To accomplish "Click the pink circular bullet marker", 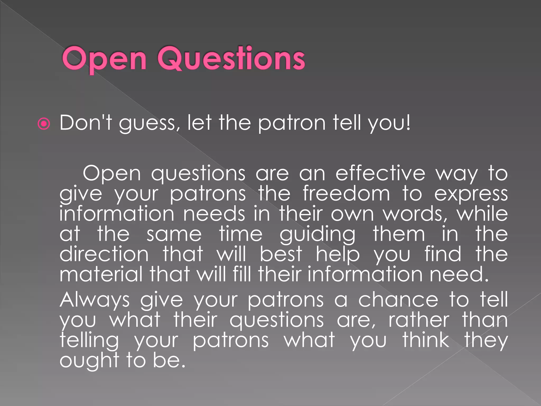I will tap(44, 124).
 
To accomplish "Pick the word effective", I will tap(380, 173).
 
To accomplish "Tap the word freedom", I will tap(346, 193).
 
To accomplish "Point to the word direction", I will tap(104, 254).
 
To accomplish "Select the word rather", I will tap(419, 320).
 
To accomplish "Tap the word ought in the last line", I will tap(89, 361).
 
